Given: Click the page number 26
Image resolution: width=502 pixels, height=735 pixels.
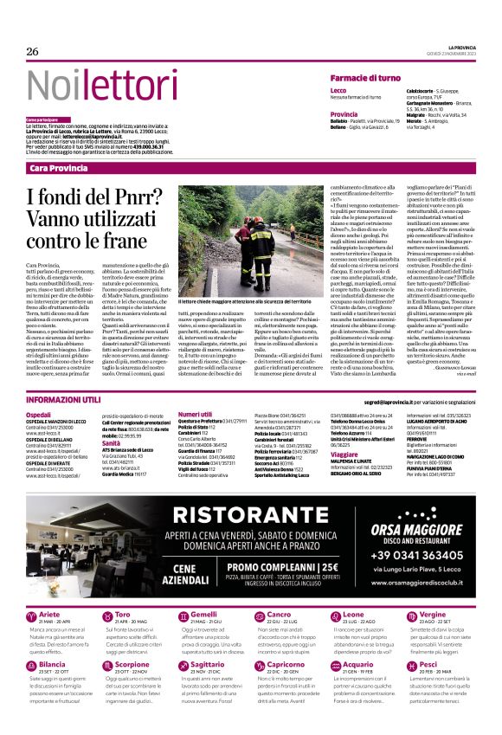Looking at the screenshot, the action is pos(33,52).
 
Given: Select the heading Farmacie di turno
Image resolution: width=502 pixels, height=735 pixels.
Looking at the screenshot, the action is pos(364,78).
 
